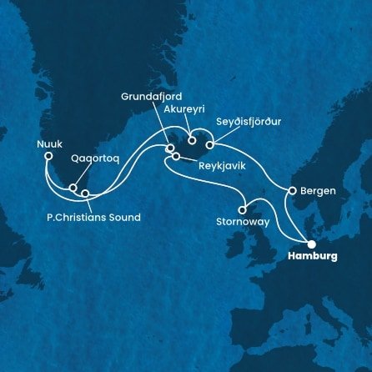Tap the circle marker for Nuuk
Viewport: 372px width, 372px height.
tap(48, 155)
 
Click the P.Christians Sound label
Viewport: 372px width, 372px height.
tap(93, 218)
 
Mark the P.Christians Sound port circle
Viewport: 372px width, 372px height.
tap(85, 194)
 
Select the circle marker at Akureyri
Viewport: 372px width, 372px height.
tap(192, 141)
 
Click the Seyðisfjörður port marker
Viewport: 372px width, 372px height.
tap(209, 147)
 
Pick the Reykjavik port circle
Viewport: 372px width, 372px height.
tap(176, 156)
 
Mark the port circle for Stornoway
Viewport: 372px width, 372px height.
tap(243, 210)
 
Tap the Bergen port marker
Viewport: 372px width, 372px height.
tap(292, 191)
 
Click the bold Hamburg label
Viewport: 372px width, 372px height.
tap(313, 257)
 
